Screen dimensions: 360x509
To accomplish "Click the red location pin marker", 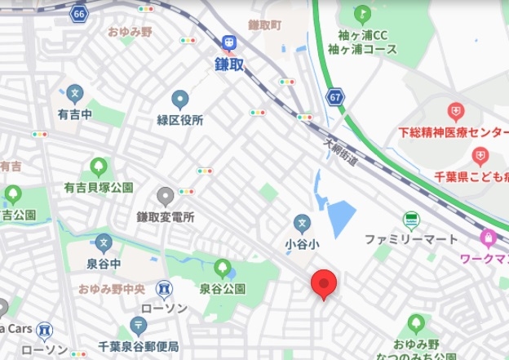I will click(x=325, y=284).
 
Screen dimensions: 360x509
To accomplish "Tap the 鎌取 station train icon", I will click(x=229, y=42).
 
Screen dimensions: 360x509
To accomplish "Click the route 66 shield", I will click(x=78, y=14).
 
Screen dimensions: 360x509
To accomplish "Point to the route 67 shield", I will click(x=336, y=97).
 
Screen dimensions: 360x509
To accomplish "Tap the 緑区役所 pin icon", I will click(x=180, y=100).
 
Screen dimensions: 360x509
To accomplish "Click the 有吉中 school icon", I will click(x=75, y=93).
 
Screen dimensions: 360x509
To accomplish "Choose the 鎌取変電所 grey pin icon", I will click(x=166, y=196).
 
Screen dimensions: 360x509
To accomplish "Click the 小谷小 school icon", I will click(x=301, y=222).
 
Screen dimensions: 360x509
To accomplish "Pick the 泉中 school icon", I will click(x=103, y=243).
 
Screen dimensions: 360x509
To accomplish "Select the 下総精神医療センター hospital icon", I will click(x=455, y=110).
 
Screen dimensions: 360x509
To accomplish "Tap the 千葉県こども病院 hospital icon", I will click(x=480, y=156).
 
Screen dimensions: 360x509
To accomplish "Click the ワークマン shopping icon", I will click(x=489, y=238).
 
